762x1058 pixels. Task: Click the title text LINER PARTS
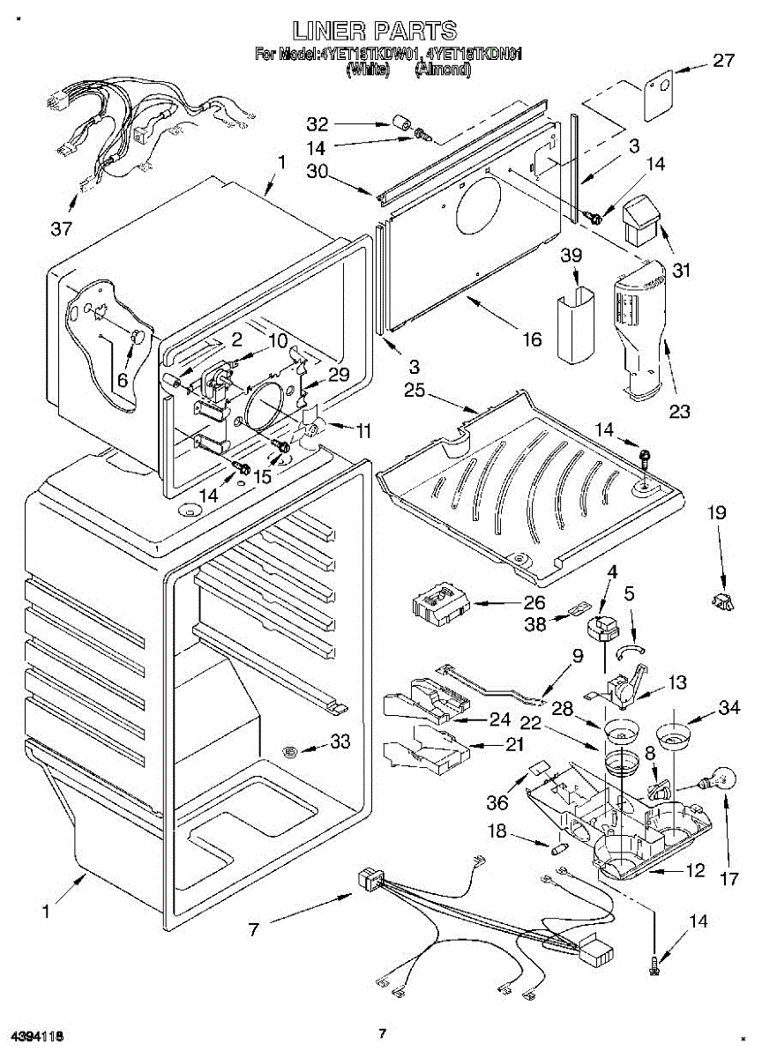click(376, 31)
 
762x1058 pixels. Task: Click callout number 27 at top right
click(723, 61)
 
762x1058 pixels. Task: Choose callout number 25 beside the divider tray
click(414, 390)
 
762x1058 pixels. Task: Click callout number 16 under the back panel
click(532, 339)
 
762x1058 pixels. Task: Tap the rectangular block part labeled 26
click(437, 607)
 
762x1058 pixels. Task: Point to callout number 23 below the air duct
click(679, 410)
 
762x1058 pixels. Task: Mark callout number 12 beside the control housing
click(695, 870)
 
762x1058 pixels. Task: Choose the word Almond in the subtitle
click(442, 68)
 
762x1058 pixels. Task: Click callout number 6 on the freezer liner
click(122, 378)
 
